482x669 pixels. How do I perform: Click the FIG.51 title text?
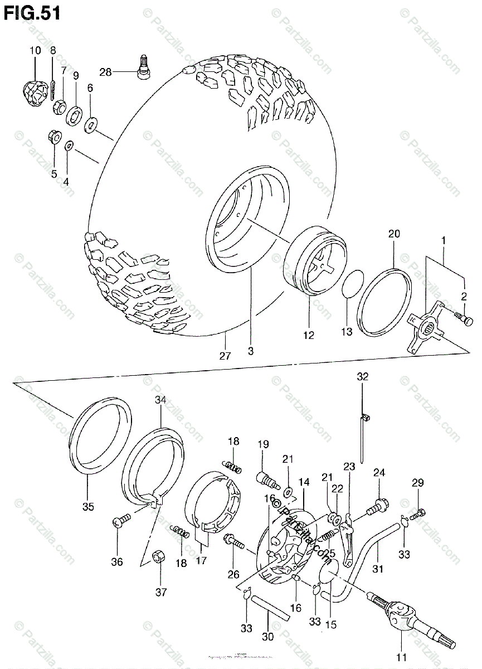(x=32, y=13)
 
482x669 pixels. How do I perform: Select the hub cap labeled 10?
(x=35, y=92)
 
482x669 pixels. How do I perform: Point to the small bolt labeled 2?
(x=466, y=320)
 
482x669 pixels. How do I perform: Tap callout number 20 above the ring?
(x=394, y=235)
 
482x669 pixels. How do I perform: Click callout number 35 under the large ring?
(x=88, y=507)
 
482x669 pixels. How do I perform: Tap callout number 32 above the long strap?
(x=363, y=377)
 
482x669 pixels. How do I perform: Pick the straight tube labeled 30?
(x=270, y=610)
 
